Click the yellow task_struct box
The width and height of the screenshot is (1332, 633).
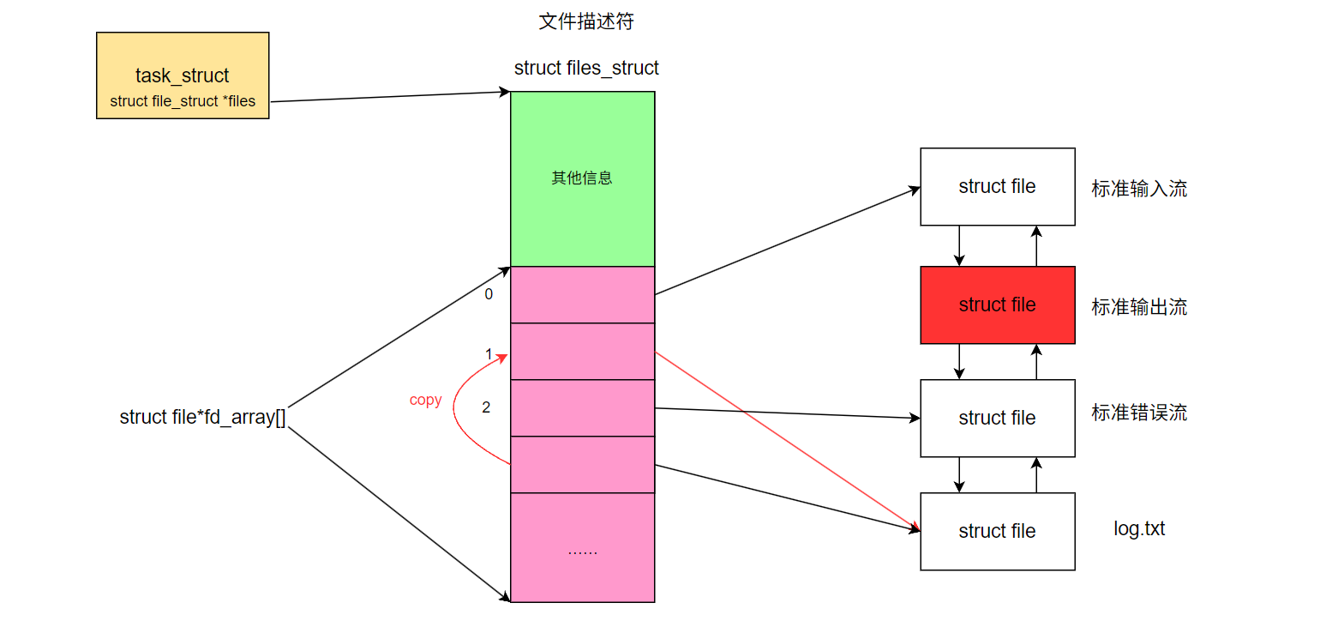(183, 75)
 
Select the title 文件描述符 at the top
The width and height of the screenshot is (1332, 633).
(586, 22)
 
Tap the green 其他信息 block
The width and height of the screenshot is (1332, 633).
(582, 178)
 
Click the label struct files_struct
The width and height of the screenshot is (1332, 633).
(586, 68)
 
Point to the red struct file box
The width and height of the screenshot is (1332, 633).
(997, 304)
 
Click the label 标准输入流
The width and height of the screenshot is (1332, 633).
(1139, 190)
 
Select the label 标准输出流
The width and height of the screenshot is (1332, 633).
(1139, 307)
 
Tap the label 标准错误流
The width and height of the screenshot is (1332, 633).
(1139, 413)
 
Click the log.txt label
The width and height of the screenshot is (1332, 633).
(1139, 528)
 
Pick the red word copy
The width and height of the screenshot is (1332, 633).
(425, 401)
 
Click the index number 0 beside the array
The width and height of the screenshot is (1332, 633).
(489, 294)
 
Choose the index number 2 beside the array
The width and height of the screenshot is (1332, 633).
(486, 407)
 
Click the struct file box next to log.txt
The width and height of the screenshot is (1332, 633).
(997, 531)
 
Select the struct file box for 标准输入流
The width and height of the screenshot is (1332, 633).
(997, 186)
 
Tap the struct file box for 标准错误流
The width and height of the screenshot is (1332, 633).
(997, 418)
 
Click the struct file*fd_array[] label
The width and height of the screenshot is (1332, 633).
(202, 418)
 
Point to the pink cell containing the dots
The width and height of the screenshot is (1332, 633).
(582, 547)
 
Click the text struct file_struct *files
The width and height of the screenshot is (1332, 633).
(183, 101)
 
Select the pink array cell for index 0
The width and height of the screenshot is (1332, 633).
(582, 294)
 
